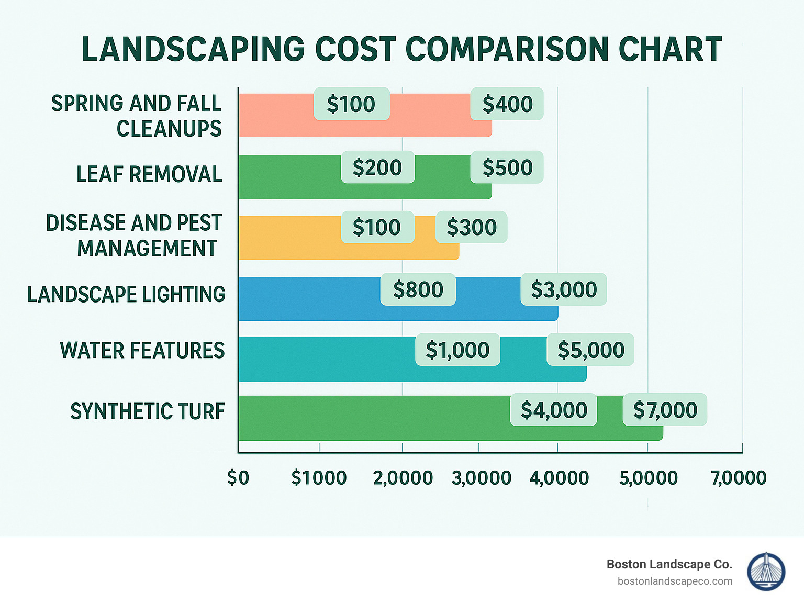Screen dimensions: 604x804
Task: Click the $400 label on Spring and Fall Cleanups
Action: [507, 104]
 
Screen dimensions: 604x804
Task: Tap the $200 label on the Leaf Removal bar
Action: [377, 167]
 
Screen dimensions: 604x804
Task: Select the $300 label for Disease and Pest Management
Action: [471, 227]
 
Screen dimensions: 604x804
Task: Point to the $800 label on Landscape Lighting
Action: [418, 289]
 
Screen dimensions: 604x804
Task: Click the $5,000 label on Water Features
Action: [590, 350]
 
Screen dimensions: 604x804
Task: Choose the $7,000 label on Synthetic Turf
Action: [665, 410]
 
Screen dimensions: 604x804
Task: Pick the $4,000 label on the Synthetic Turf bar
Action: [553, 410]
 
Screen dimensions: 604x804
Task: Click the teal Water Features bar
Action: [325, 360]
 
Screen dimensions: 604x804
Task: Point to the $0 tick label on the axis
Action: [238, 478]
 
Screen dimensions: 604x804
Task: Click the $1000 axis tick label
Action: [319, 478]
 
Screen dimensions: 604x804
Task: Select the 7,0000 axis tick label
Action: [739, 478]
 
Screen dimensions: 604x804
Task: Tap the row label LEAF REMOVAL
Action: [149, 174]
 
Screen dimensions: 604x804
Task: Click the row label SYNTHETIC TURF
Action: [148, 412]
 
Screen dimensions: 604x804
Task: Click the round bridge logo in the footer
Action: [766, 572]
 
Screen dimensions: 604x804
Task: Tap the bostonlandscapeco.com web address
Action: [675, 581]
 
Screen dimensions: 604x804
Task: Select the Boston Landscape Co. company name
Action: [669, 564]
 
